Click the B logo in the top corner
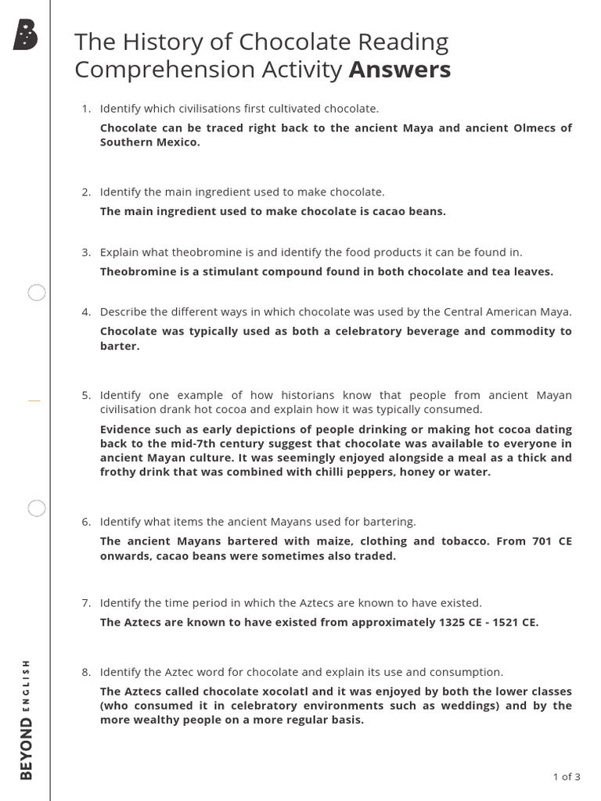(25, 35)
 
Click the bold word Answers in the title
(400, 70)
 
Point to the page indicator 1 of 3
(567, 777)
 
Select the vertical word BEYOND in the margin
(27, 749)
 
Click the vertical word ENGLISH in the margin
(27, 685)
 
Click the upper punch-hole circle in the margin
(37, 293)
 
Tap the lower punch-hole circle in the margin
(37, 508)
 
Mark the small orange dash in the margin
(34, 400)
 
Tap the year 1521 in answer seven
(506, 623)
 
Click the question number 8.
(85, 672)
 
